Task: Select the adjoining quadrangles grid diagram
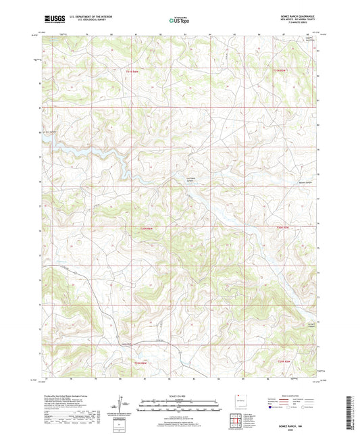pos(238,419)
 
